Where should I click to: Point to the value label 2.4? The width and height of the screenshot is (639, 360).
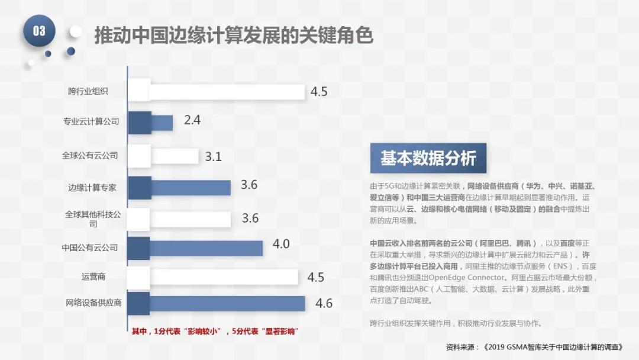[x=192, y=120]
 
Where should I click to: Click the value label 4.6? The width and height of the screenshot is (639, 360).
[x=324, y=304]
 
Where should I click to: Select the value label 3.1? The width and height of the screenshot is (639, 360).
[x=214, y=157]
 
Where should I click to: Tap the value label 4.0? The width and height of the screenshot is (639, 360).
[x=281, y=244]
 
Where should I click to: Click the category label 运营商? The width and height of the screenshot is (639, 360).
[x=93, y=277]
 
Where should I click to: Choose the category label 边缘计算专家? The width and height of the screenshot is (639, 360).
[x=92, y=188]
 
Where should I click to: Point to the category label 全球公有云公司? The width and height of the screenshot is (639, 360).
[x=90, y=156]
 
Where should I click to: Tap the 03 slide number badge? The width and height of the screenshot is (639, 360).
[x=39, y=31]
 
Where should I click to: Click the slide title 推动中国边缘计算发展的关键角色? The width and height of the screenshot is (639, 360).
[x=234, y=36]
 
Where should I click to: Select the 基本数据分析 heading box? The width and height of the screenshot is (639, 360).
[x=428, y=159]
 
